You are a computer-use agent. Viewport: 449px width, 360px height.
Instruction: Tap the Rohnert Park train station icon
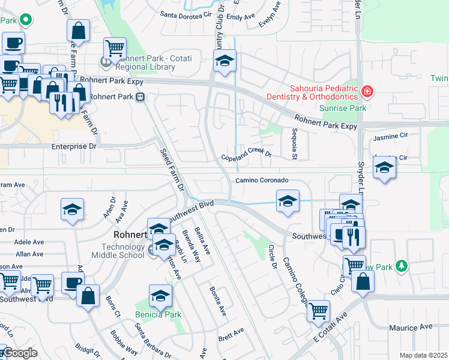click(x=140, y=96)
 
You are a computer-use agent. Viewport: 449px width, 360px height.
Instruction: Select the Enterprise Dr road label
click(x=73, y=146)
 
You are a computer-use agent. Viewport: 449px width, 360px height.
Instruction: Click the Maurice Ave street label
click(x=411, y=328)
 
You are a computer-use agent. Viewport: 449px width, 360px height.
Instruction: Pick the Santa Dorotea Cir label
click(x=186, y=13)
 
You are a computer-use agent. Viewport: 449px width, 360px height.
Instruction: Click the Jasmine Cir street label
click(x=390, y=137)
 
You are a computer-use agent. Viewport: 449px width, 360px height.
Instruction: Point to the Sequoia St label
click(x=294, y=145)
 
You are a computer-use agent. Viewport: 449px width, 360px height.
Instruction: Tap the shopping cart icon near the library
click(x=115, y=47)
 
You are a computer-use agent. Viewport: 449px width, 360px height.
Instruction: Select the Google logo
click(x=20, y=353)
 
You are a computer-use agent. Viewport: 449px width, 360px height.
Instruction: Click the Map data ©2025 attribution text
click(x=423, y=355)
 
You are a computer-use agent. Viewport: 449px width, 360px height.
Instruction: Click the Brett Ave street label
click(x=231, y=331)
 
